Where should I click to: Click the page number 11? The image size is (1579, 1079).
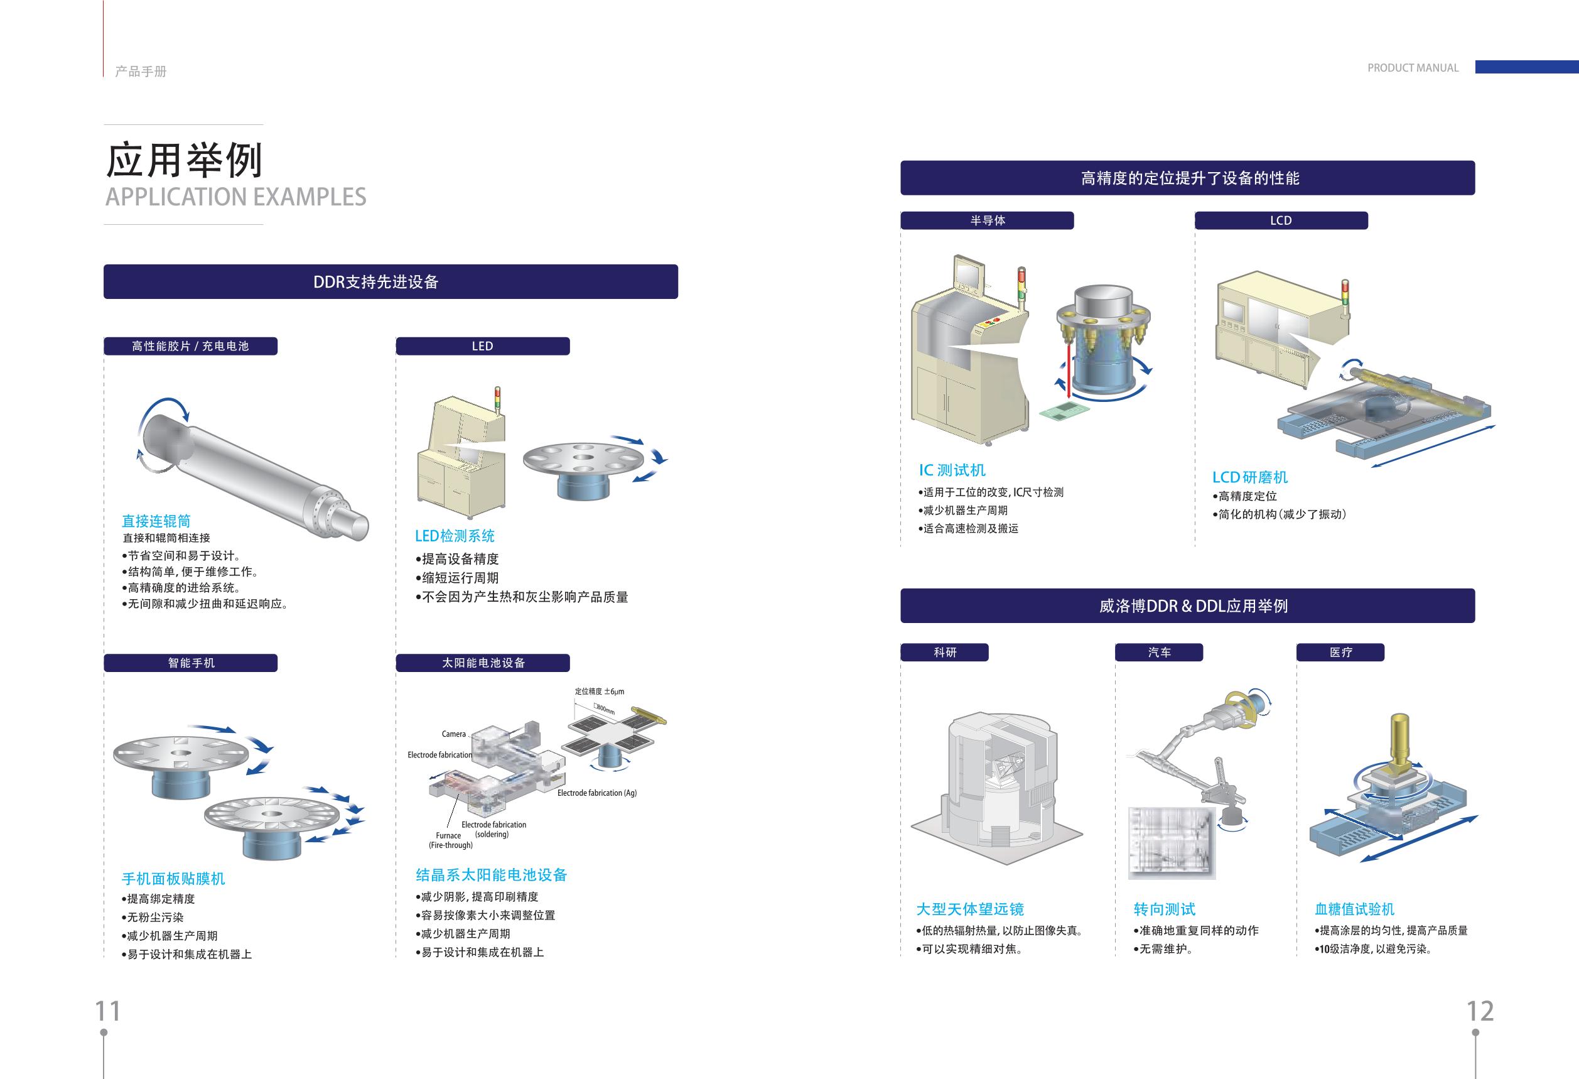tap(107, 1011)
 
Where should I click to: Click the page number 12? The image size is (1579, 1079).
tap(1480, 1011)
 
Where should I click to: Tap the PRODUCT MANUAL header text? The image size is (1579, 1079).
tap(1413, 68)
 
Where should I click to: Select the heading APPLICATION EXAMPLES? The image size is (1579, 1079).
tap(236, 197)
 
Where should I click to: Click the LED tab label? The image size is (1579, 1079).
tap(482, 346)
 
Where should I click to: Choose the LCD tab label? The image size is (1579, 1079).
tap(1281, 220)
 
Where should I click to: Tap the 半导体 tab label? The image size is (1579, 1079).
tap(987, 220)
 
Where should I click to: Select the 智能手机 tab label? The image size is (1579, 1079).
tap(191, 663)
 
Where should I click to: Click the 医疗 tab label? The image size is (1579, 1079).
tap(1340, 653)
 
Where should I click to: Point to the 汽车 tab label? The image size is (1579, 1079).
tap(1159, 653)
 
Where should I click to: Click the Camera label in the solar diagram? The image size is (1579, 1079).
tap(454, 734)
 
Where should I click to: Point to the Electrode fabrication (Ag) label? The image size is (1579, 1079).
tap(596, 793)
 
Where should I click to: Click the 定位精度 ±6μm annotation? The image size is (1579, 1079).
tap(599, 691)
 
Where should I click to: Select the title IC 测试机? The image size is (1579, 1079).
tap(952, 470)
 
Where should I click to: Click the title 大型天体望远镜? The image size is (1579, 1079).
tap(969, 909)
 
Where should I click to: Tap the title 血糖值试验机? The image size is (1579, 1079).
tap(1354, 909)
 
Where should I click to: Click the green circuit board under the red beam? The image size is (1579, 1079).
tap(1064, 410)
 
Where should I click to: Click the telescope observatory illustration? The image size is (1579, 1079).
tap(996, 788)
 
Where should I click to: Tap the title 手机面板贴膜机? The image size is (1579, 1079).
tap(173, 879)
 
